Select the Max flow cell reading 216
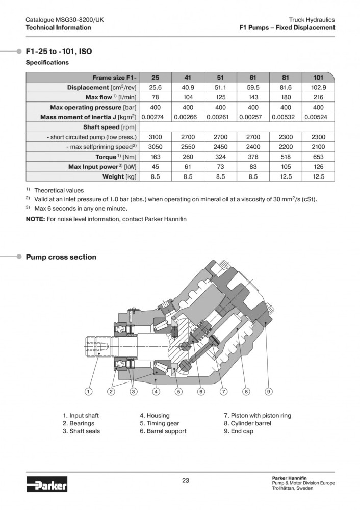coord(319,97)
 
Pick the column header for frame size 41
coord(188,78)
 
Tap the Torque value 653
coord(319,157)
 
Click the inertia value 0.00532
coord(286,117)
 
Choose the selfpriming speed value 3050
coord(155,147)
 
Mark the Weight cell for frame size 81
coord(286,176)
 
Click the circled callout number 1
coord(88,392)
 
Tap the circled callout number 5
coord(178,392)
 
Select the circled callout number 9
coord(269,392)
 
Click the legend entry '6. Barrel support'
coord(163,431)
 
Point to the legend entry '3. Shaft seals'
coord(81,431)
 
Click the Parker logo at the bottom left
coord(46,482)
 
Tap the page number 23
coord(186,480)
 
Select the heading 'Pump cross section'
coord(61,257)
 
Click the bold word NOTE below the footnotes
coord(36,219)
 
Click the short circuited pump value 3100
coord(155,137)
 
